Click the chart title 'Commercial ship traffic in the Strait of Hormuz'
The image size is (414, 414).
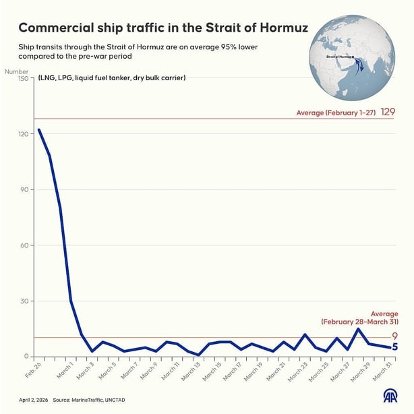(162, 28)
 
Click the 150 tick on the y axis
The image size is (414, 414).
(23, 78)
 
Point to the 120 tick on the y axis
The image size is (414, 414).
(23, 134)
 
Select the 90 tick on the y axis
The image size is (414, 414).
(25, 189)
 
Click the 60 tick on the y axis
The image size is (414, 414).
(25, 245)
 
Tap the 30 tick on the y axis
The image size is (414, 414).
(25, 301)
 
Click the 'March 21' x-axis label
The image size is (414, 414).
(276, 373)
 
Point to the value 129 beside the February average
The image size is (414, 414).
(388, 112)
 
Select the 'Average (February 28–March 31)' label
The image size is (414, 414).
(357, 318)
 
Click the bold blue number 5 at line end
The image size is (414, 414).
(395, 347)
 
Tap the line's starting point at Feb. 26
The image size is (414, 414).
(38, 129)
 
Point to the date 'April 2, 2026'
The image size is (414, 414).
(32, 399)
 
